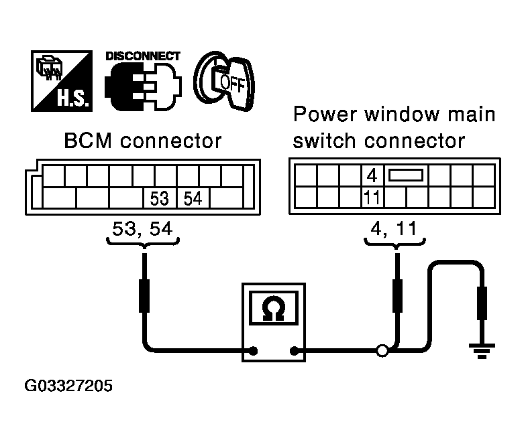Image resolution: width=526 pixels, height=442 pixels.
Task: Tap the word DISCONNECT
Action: tap(142, 56)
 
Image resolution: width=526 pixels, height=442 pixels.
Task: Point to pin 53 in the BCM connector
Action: tap(159, 199)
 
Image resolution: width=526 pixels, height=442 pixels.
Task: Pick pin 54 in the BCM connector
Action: tap(193, 199)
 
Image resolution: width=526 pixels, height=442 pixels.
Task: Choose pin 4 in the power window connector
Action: tap(372, 177)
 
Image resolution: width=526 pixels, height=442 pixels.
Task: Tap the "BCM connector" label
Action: tap(142, 142)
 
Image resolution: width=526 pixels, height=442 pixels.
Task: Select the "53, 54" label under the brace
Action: tap(140, 229)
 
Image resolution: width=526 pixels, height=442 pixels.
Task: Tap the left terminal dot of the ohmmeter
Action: tap(254, 350)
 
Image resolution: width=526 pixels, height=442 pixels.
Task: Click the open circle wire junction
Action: tap(382, 350)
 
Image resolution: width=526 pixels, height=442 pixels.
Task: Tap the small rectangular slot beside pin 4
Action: tap(407, 176)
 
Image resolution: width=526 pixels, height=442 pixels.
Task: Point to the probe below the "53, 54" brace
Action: tap(143, 295)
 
